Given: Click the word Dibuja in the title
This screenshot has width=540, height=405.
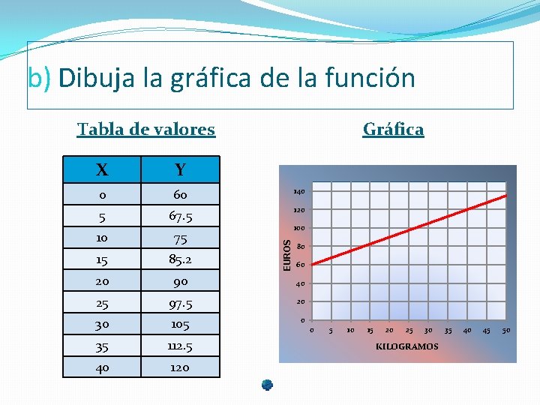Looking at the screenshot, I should tap(91, 78).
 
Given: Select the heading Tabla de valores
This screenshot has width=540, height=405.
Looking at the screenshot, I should tap(146, 129).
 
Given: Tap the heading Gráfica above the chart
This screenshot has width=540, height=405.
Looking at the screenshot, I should tap(393, 129).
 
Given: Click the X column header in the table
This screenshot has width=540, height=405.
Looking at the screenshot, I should tap(101, 170).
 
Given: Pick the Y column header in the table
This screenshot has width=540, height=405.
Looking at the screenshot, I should tap(180, 170).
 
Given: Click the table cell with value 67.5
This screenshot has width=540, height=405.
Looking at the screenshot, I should tap(180, 217).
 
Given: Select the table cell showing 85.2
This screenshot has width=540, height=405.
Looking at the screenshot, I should tap(180, 260).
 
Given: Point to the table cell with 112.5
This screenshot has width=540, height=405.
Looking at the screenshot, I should tap(180, 346).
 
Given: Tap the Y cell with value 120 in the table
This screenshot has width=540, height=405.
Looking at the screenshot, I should tap(180, 367).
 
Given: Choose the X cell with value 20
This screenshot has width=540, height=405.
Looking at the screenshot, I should tap(101, 282).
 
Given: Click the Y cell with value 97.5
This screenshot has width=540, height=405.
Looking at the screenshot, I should tap(180, 304).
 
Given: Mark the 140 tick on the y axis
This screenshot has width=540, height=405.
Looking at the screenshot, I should tap(298, 193).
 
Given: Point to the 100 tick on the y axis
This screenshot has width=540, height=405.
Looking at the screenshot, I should tap(298, 229).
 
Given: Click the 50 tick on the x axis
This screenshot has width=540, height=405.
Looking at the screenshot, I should tap(506, 331).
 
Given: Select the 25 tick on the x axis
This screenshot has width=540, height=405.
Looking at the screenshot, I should tap(409, 331).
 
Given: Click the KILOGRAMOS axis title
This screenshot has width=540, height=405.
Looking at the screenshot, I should tap(407, 346).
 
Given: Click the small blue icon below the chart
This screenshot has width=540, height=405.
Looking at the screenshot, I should tap(267, 385).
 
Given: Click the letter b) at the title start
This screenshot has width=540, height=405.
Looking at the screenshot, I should tap(39, 78).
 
